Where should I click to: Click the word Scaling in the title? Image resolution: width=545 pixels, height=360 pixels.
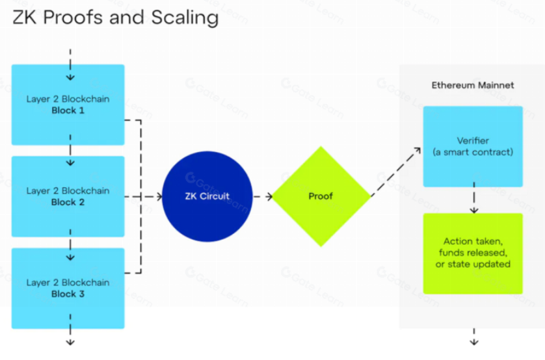pos(178,18)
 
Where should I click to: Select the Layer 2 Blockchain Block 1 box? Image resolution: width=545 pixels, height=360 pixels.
pos(68,105)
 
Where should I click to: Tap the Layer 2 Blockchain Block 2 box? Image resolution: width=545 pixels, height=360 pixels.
pos(68,196)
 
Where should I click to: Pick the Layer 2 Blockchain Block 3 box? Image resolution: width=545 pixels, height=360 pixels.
pos(68,288)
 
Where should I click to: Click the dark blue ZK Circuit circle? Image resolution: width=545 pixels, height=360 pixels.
pos(207,196)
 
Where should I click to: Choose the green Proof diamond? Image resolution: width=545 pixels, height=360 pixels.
pos(321,196)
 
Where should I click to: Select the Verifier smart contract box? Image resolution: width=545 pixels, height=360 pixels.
pos(473,147)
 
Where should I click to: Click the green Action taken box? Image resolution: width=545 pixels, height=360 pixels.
pos(473,253)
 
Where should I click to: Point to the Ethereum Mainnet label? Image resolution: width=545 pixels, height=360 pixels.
pos(473,85)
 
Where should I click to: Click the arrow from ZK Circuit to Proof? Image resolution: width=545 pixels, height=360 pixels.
pos(262,196)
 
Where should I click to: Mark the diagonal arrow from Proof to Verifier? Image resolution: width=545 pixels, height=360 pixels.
pos(395,172)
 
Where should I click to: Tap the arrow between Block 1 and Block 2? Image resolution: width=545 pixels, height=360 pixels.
pos(70,151)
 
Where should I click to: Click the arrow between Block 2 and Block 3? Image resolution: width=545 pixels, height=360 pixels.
pos(70,242)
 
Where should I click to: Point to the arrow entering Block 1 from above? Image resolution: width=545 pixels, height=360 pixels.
pos(70,57)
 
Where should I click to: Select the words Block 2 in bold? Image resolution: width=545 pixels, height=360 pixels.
pos(68,202)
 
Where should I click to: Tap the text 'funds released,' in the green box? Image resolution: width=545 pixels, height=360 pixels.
pos(473,253)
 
